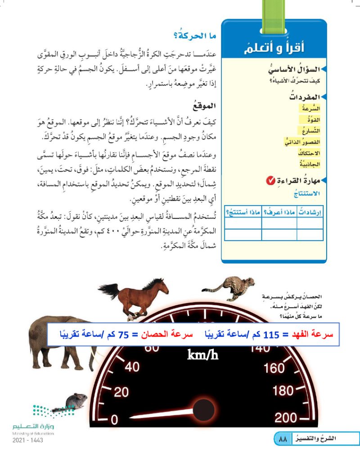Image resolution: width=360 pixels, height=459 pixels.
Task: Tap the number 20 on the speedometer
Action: (121, 392)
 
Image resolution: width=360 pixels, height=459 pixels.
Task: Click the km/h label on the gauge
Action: (202, 355)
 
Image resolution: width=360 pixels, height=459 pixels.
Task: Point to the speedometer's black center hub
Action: (203, 409)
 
